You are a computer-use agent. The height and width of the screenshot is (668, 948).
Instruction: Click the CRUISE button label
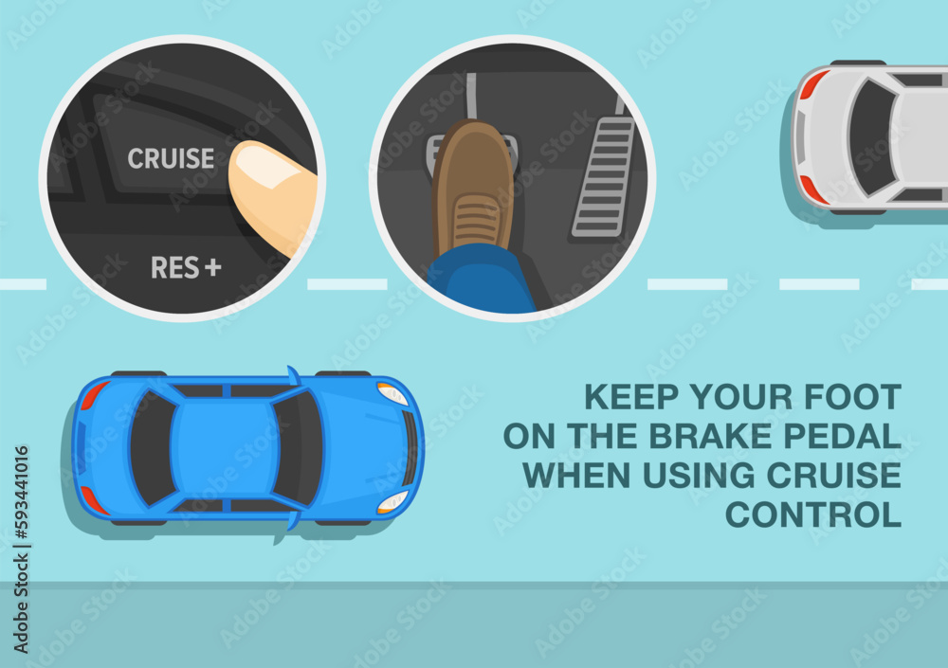point(171,158)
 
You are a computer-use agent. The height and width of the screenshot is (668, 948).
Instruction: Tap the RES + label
point(186,268)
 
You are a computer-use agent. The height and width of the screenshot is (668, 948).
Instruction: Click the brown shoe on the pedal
point(472,190)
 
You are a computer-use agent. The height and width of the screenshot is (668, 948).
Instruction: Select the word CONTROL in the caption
point(812,515)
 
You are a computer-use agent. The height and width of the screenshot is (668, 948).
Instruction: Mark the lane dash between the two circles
point(347,284)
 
